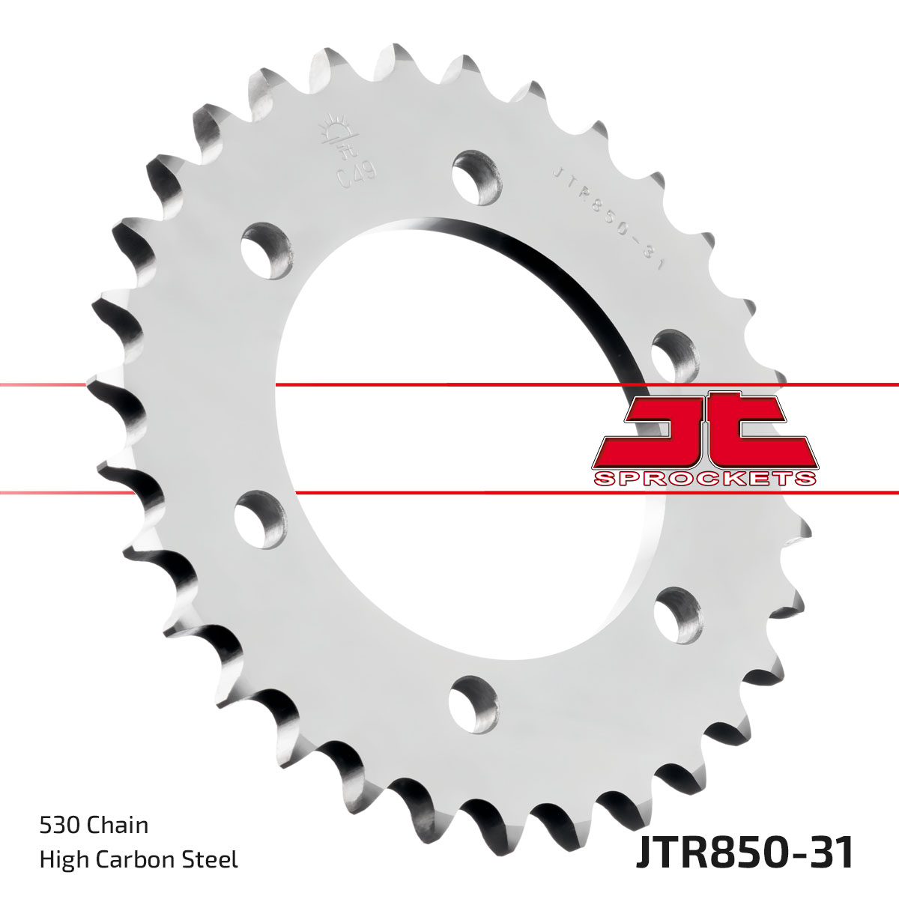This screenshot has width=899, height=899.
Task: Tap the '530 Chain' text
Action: (94, 826)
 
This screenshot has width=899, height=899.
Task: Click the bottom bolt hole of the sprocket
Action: (473, 702)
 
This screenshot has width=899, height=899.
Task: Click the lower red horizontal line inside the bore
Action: (449, 492)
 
